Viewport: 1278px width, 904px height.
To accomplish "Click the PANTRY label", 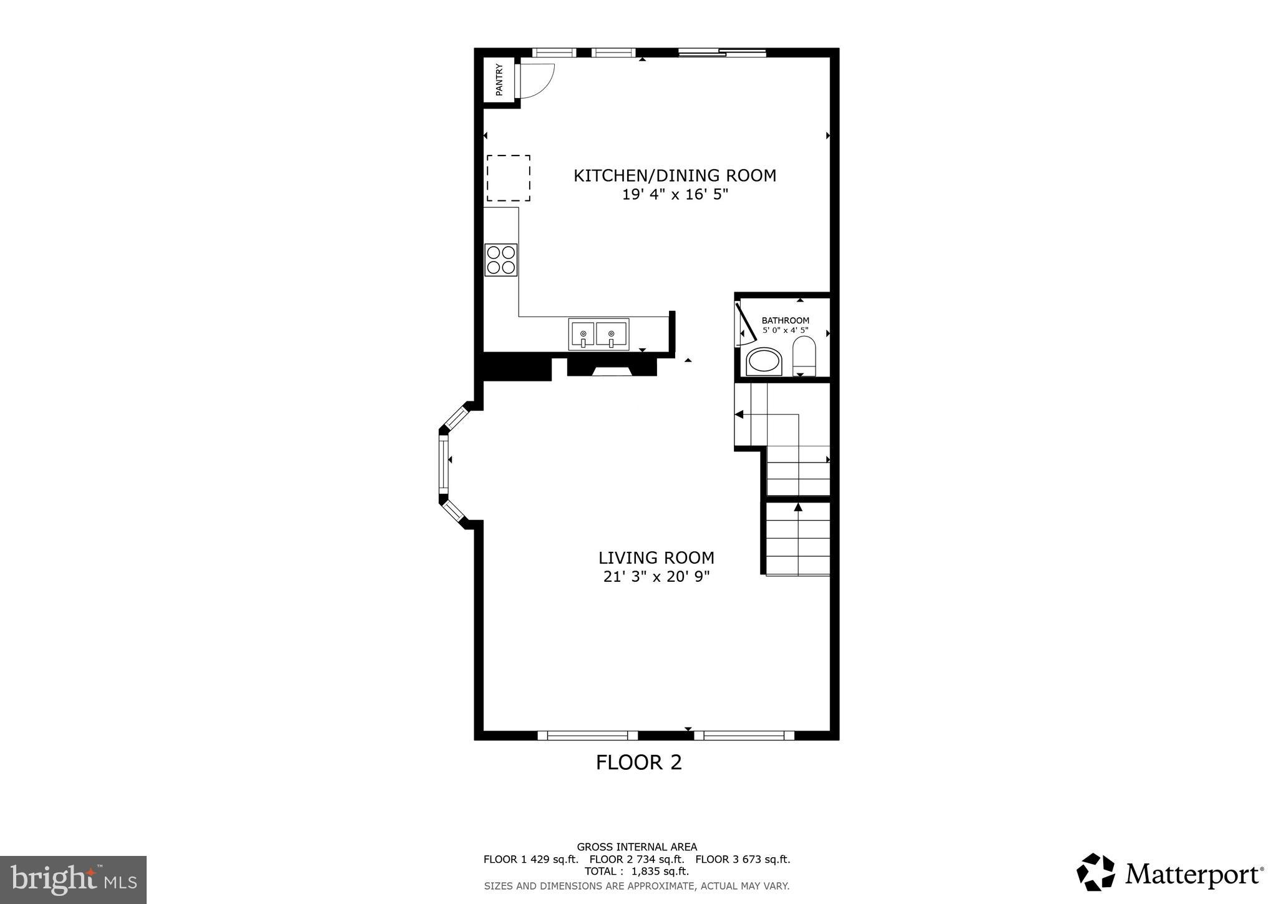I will pos(499,80).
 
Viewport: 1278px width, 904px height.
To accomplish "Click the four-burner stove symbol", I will pos(501,260).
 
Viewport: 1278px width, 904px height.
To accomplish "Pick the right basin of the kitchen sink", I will pos(612,334).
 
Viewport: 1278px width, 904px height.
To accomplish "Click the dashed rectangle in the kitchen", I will pos(509,178).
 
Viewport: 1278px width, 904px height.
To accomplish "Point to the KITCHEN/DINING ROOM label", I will pos(675,175).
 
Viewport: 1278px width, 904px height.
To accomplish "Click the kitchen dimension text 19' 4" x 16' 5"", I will pos(675,195).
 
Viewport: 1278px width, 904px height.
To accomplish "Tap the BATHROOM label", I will pos(785,320).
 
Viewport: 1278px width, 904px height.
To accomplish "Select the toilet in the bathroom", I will pos(804,356).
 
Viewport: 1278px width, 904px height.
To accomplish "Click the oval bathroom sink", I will pos(764,361).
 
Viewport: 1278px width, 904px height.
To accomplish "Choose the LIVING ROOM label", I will pos(656,558).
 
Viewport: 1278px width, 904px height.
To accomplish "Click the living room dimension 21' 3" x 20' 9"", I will pos(656,577).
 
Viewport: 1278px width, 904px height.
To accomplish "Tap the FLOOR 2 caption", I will pos(638,762).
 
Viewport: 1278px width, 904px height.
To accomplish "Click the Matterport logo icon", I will pos(1095,872).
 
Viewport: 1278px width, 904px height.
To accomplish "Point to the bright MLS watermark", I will pos(73,880).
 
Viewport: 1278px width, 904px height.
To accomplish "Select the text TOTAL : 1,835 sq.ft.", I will pos(637,872).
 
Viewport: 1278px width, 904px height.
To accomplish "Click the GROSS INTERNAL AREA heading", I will pos(637,847).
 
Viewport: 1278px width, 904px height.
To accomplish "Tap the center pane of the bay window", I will pos(444,463).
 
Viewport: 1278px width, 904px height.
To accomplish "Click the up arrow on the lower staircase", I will pos(798,507).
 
